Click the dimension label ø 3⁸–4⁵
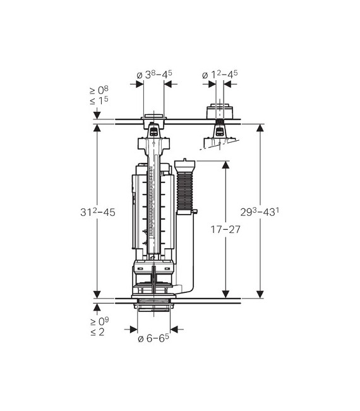click(155, 74)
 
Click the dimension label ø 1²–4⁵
click(220, 74)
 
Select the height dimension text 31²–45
click(98, 211)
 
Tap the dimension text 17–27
click(225, 229)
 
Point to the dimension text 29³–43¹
click(260, 211)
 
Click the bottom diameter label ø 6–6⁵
click(153, 338)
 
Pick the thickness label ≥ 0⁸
click(99, 90)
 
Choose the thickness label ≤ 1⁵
click(99, 100)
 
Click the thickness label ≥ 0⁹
click(100, 321)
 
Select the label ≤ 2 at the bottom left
click(97, 332)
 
